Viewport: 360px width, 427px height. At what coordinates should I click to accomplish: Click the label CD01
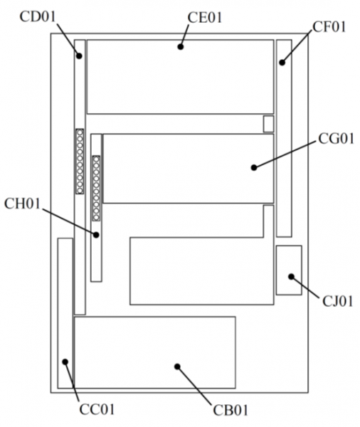[x=37, y=16]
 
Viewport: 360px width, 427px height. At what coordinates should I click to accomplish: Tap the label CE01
[x=205, y=18]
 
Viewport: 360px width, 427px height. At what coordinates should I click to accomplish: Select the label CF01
[x=329, y=27]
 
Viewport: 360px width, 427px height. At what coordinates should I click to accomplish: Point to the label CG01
[x=336, y=139]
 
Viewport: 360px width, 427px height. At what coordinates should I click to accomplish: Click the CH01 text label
[x=22, y=204]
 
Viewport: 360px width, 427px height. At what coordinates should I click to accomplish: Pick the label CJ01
[x=338, y=301]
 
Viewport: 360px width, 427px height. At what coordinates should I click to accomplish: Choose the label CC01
[x=97, y=409]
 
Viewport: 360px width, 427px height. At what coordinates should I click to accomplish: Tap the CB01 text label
[x=231, y=411]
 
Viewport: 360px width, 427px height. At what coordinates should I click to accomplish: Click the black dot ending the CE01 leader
[x=181, y=47]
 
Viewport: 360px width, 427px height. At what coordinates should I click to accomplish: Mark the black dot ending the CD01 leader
[x=79, y=56]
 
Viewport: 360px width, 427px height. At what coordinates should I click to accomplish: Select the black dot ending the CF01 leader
[x=282, y=63]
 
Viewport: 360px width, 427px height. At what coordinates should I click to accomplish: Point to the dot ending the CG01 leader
[x=254, y=168]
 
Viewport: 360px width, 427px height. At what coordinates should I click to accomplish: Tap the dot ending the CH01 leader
[x=96, y=235]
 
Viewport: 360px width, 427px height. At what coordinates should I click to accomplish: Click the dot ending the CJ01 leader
[x=292, y=277]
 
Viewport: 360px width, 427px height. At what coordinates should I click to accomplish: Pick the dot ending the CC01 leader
[x=65, y=362]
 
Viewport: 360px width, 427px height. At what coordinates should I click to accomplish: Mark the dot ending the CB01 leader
[x=178, y=367]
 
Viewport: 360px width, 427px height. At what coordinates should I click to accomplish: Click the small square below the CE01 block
[x=268, y=124]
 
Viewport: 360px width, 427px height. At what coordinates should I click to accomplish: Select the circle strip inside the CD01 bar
[x=80, y=162]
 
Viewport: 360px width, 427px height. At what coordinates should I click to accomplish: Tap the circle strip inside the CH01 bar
[x=96, y=188]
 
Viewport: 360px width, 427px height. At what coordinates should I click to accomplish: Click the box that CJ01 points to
[x=289, y=270]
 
